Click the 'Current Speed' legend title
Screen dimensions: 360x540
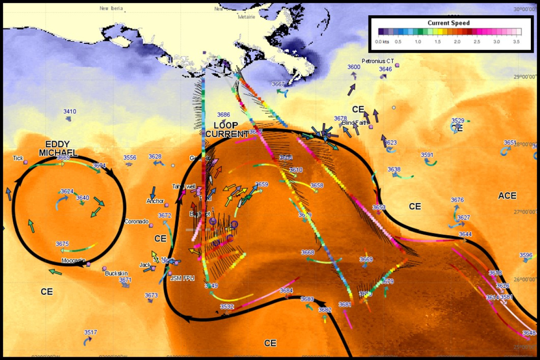click(x=448, y=23)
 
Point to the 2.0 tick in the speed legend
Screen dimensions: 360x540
click(x=457, y=42)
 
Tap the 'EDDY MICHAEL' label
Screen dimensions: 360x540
click(x=58, y=148)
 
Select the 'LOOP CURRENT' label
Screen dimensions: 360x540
click(x=226, y=130)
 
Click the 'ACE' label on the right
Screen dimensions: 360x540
click(x=507, y=196)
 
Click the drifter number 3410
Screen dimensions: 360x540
click(x=70, y=112)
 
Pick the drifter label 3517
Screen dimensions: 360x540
click(x=90, y=332)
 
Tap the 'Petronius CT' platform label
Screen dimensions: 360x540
click(x=378, y=61)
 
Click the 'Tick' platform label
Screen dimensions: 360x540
click(x=18, y=158)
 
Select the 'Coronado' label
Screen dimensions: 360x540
click(x=136, y=221)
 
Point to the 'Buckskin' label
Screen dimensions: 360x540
click(x=116, y=273)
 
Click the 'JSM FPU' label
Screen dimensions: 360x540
click(x=182, y=278)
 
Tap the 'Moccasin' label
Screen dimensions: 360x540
click(x=73, y=260)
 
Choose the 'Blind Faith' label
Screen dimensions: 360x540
click(x=354, y=123)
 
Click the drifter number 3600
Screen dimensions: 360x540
click(x=354, y=67)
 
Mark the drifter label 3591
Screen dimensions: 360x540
click(x=427, y=155)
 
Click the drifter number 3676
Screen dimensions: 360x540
click(x=457, y=200)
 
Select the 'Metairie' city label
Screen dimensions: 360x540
click(x=246, y=17)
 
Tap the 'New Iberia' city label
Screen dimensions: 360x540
click(x=111, y=8)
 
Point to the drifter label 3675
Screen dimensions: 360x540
click(x=62, y=244)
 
